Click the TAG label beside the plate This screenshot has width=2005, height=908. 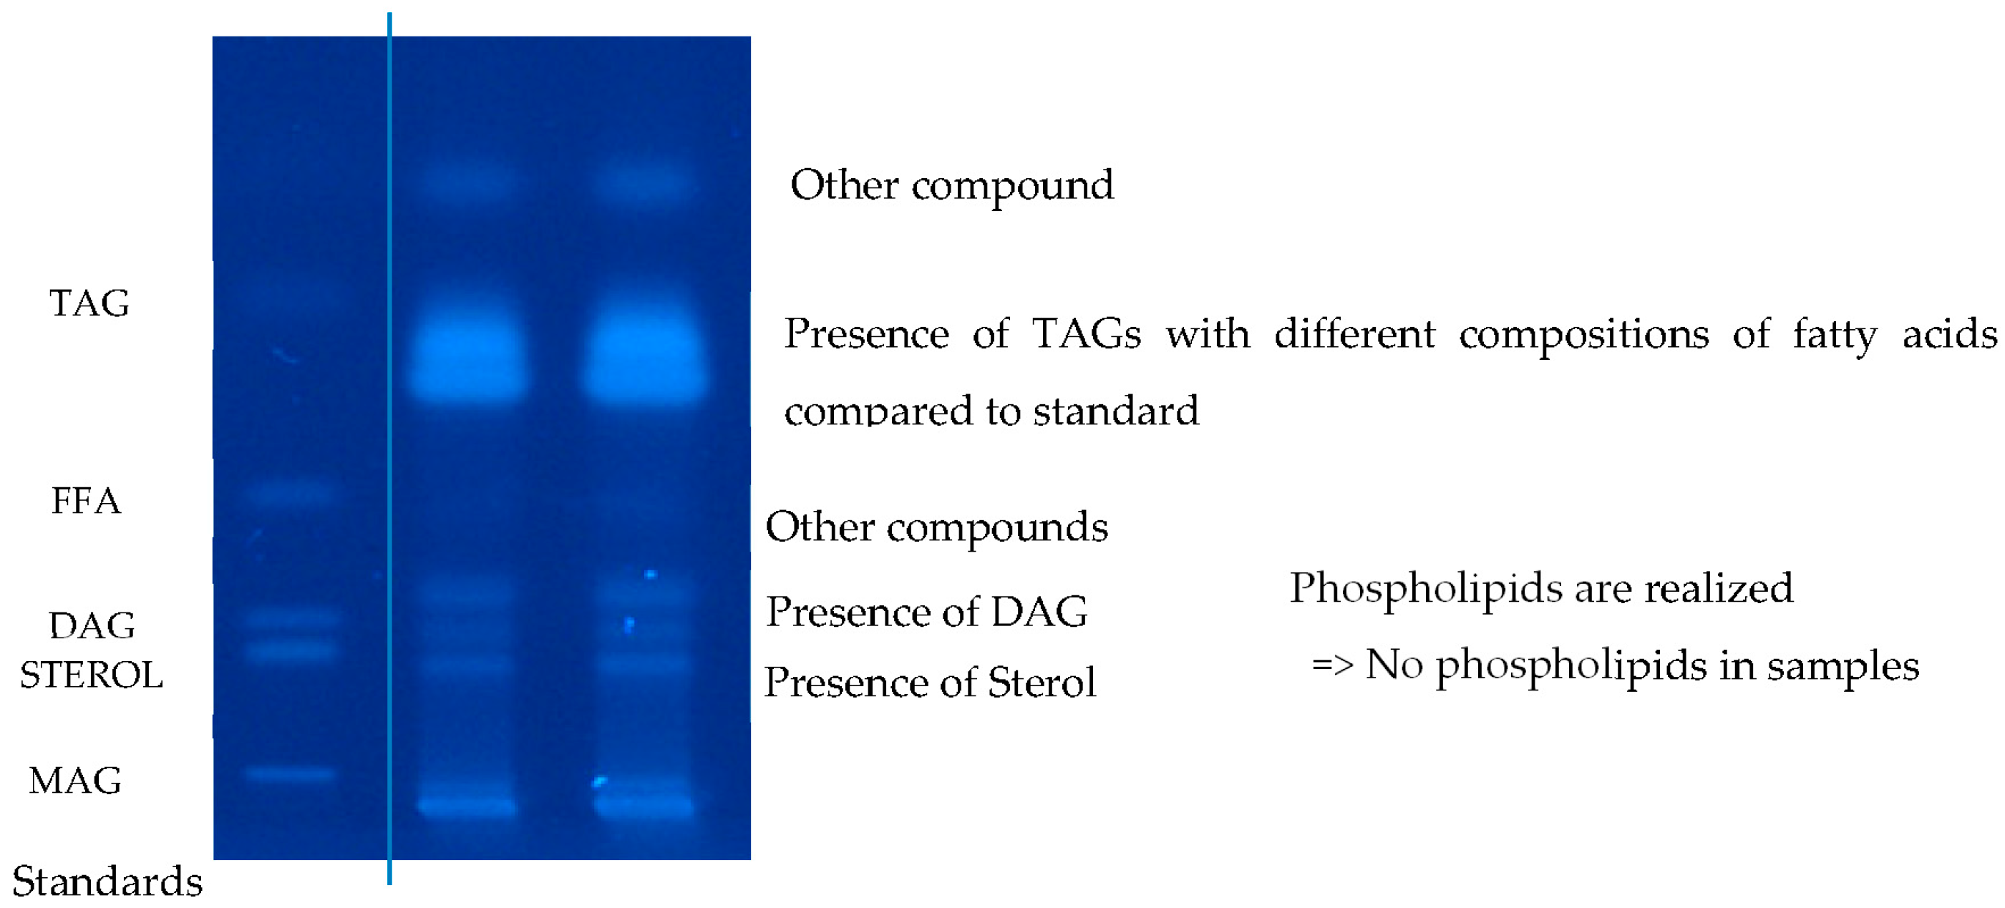[x=89, y=303]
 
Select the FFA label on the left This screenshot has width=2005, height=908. [x=87, y=500]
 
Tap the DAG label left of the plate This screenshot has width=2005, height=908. [x=92, y=625]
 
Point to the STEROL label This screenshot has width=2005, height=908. [x=91, y=675]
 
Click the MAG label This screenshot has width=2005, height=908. [x=75, y=780]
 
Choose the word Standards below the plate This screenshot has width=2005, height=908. [x=107, y=882]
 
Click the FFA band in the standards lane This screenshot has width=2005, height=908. [x=289, y=492]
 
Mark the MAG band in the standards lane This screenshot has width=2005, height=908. [x=289, y=773]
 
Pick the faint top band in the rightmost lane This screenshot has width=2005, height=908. [x=643, y=185]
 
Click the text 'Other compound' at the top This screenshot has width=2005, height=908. [x=951, y=186]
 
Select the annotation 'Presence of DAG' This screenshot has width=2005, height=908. [x=927, y=612]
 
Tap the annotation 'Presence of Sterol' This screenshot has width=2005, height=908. [x=930, y=683]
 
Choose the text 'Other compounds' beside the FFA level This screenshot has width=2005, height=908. [x=936, y=527]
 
